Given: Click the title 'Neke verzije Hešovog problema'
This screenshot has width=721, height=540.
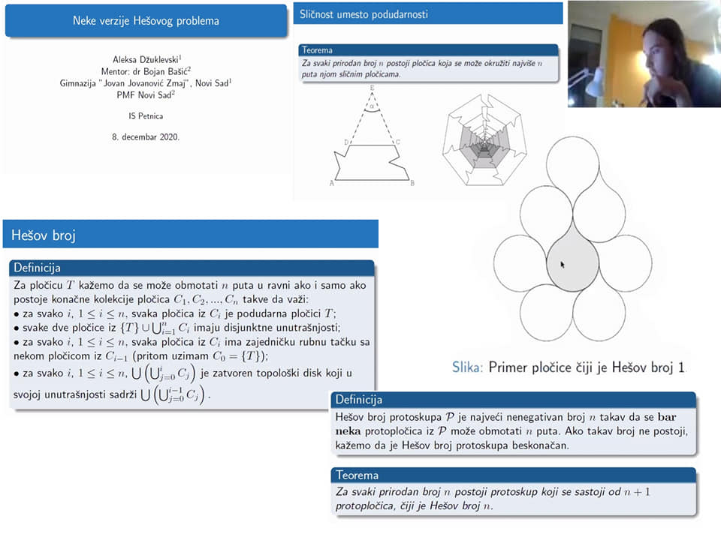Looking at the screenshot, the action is (x=146, y=21).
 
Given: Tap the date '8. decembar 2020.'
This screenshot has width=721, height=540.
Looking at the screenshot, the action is (x=146, y=136).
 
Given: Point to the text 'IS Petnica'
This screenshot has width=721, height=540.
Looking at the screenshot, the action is (x=146, y=116).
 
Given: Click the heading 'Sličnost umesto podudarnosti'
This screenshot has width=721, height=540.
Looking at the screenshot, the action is (x=364, y=14).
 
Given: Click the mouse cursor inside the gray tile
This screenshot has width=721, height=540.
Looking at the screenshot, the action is (x=563, y=265).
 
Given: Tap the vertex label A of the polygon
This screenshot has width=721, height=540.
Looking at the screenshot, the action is (x=331, y=183).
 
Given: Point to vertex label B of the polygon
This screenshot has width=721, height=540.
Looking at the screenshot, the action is (x=412, y=183).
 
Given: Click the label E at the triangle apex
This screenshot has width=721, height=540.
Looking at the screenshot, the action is (x=372, y=88).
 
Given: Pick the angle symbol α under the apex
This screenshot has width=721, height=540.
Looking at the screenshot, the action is (x=372, y=106).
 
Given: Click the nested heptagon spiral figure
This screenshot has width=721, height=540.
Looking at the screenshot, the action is (x=484, y=139).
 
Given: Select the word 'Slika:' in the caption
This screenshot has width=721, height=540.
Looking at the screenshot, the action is (x=467, y=367).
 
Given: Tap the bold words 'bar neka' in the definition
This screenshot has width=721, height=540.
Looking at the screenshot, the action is (x=505, y=424).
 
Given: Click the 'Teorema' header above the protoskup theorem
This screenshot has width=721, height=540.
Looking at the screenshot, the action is (x=357, y=475).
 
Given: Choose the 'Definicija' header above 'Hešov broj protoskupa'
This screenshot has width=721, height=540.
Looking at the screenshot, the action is (x=359, y=400).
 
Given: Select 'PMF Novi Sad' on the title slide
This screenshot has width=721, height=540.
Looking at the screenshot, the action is (x=146, y=95).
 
